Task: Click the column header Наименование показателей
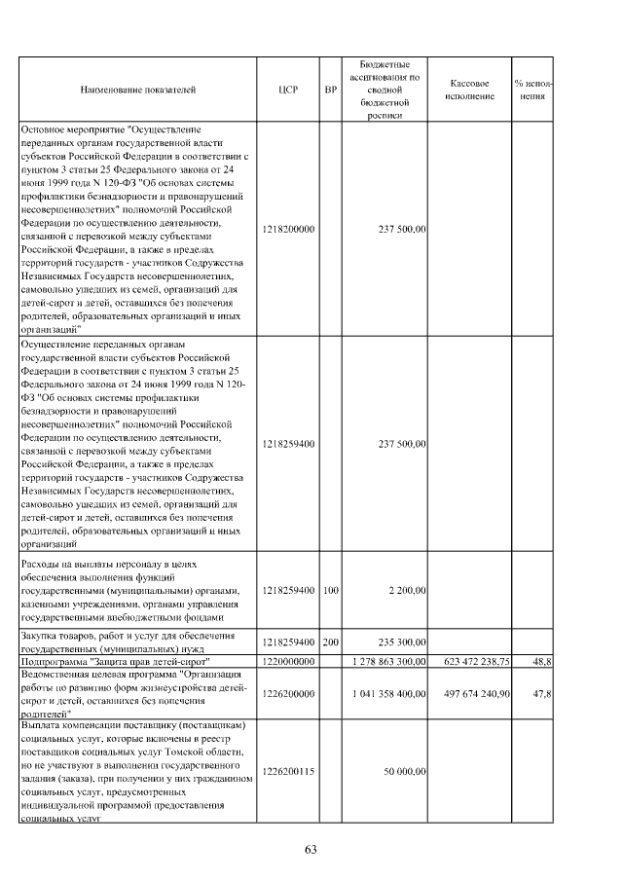pyautogui.click(x=138, y=90)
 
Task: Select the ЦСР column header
pyautogui.click(x=287, y=90)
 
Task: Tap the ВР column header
pyautogui.click(x=330, y=90)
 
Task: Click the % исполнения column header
pyautogui.click(x=532, y=90)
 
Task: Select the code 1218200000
pyautogui.click(x=288, y=229)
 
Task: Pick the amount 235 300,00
pyautogui.click(x=400, y=643)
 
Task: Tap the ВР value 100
pyautogui.click(x=330, y=591)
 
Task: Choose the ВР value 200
pyautogui.click(x=330, y=643)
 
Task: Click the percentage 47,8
pyautogui.click(x=542, y=695)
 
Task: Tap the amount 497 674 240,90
pyautogui.click(x=470, y=695)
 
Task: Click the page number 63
pyautogui.click(x=311, y=849)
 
